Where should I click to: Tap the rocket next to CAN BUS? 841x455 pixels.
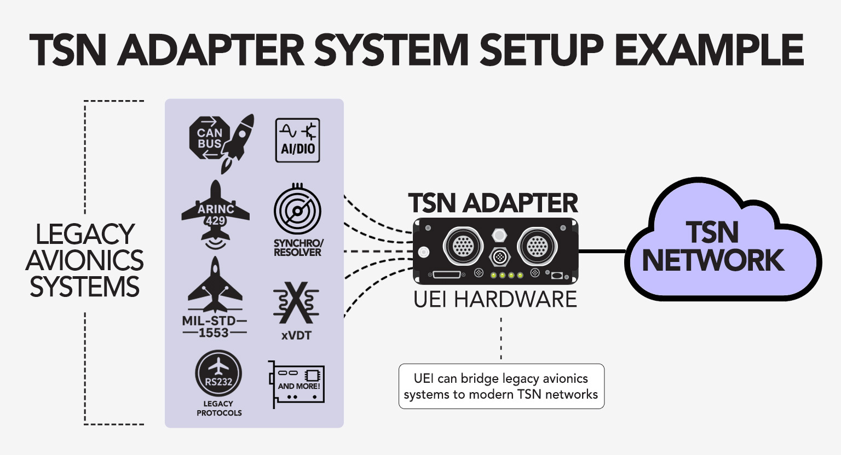coord(239,141)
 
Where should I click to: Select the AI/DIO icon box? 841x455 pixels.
coord(297,140)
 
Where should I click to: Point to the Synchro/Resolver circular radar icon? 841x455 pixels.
coord(297,212)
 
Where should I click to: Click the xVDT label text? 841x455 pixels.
coord(296,335)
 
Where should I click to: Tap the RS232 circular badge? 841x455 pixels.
coord(218,375)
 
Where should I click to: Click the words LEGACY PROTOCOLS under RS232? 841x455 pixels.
coord(219,408)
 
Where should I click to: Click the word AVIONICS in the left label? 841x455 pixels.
coord(84,260)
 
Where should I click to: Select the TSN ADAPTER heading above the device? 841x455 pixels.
coord(493,203)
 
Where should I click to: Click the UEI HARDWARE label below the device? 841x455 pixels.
coord(496,299)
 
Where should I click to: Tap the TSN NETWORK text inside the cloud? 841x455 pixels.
coord(713,246)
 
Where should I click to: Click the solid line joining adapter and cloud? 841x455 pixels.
coord(602,252)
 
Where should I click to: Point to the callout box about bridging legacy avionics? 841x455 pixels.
coord(501,386)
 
